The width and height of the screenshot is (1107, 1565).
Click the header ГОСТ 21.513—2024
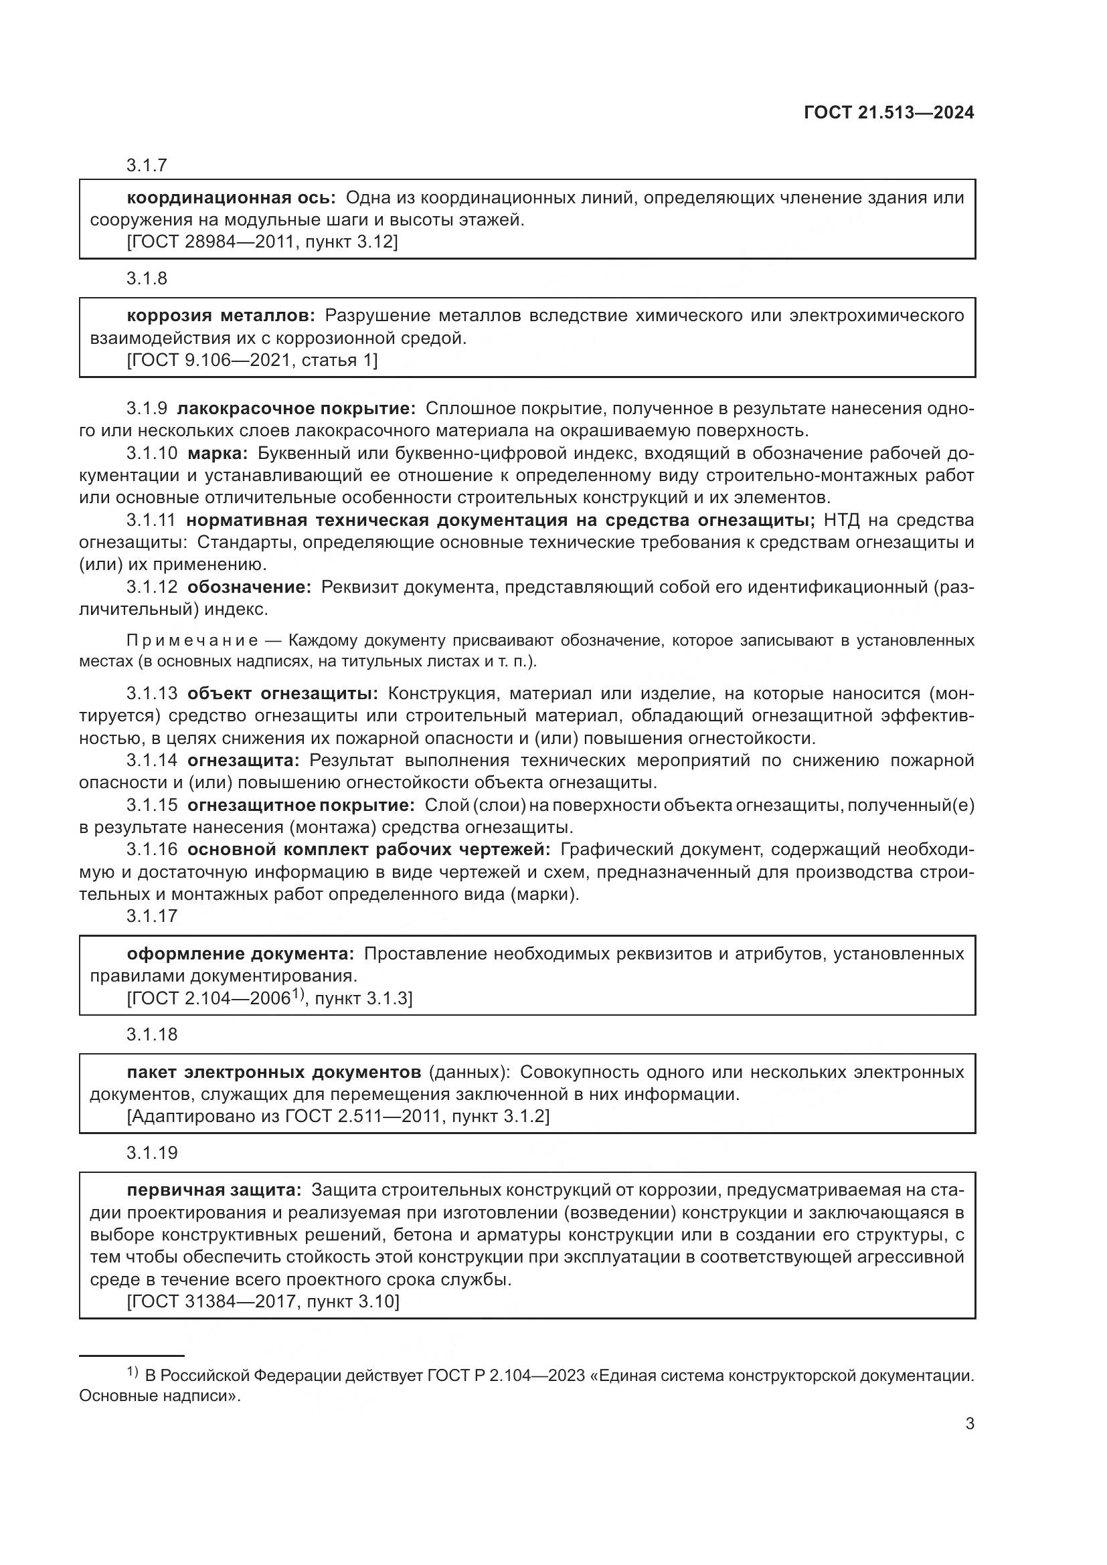889,113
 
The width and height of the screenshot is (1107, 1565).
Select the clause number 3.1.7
147,165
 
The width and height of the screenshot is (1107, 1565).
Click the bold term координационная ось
231,198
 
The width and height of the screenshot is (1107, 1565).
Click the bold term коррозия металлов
221,316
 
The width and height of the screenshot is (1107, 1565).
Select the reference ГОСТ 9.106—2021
211,360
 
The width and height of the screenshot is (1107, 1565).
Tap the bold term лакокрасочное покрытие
296,409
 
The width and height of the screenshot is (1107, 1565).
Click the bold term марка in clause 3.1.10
218,454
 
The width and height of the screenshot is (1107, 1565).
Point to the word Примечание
193,641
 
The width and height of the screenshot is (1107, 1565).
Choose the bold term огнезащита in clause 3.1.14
244,761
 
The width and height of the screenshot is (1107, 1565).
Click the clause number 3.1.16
151,850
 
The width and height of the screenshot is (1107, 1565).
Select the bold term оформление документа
241,953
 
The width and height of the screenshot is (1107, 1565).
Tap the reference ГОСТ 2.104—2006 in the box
211,998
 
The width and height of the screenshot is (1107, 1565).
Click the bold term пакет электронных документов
274,1072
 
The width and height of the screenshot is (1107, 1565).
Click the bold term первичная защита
214,1191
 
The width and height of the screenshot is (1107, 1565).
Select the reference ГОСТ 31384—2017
215,1301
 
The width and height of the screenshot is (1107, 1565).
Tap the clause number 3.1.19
151,1154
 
